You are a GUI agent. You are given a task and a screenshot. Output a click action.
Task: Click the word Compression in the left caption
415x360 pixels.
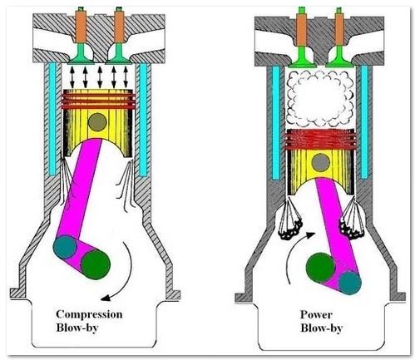[89, 314]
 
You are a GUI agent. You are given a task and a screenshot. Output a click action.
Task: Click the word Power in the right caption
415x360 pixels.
[316, 314]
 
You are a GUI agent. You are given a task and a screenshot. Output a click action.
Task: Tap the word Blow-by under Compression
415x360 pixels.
[77, 328]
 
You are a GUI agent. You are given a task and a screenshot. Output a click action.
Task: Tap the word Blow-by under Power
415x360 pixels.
[322, 328]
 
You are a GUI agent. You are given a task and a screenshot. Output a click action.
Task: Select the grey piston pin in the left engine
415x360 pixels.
[97, 122]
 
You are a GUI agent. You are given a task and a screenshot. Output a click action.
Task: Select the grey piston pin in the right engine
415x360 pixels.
[321, 162]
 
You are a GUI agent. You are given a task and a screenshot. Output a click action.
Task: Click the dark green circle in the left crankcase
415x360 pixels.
[96, 264]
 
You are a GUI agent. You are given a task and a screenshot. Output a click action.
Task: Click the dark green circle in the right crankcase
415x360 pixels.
[321, 268]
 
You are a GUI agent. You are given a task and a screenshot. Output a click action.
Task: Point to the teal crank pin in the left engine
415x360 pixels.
[66, 247]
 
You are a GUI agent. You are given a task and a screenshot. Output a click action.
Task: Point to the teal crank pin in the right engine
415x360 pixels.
[350, 283]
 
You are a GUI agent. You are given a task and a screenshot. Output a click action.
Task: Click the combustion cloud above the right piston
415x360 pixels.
[321, 98]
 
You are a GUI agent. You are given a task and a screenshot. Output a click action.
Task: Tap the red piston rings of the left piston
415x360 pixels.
[98, 101]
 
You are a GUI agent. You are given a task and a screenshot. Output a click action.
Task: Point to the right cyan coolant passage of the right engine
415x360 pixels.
[364, 122]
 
